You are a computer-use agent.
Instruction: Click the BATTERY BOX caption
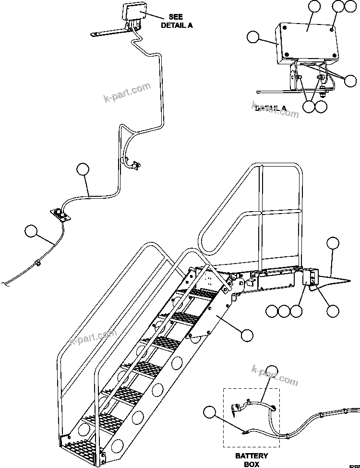(252, 460)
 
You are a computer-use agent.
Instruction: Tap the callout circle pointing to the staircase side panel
(247, 335)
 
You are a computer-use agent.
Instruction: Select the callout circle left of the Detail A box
(253, 37)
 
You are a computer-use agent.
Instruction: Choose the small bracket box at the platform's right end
(310, 278)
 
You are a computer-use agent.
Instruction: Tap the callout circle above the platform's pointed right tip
(333, 243)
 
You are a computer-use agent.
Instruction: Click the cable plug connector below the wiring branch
(134, 166)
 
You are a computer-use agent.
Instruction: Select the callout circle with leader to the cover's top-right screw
(339, 6)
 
